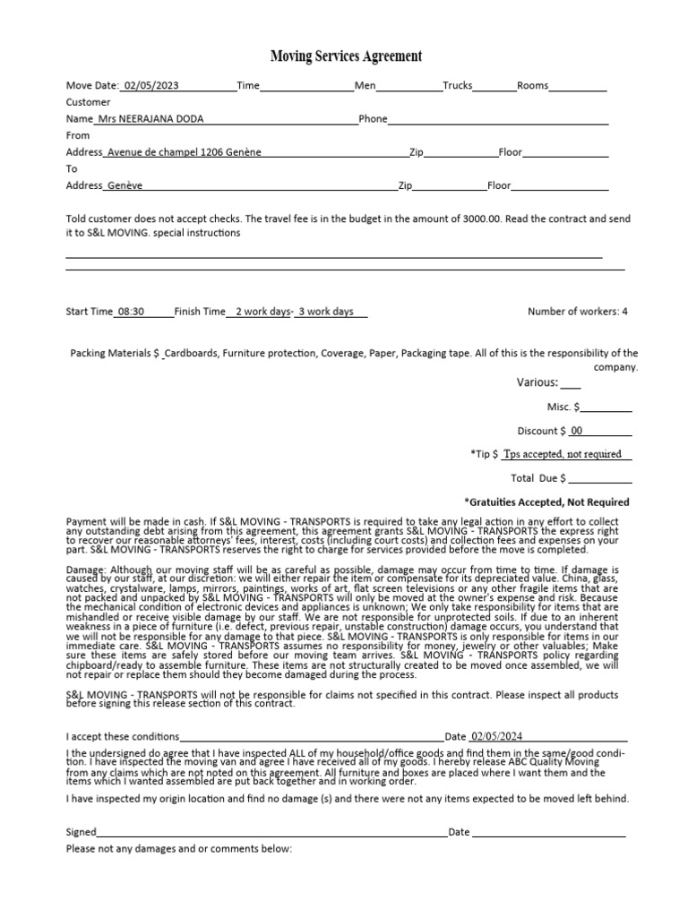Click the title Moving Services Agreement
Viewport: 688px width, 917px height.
coord(344,56)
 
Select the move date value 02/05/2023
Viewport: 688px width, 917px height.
coord(151,86)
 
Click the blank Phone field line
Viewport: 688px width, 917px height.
coord(498,120)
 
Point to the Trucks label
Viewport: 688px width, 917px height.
coord(458,86)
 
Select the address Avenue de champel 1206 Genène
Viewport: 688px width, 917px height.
coord(184,152)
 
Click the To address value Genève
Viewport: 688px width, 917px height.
coord(125,185)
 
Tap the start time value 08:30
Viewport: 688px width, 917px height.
coord(131,312)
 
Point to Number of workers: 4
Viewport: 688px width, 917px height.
coord(578,312)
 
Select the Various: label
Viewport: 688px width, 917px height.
coord(537,383)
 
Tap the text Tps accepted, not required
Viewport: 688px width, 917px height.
coord(563,454)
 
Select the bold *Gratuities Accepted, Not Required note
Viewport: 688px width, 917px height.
coord(546,502)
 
